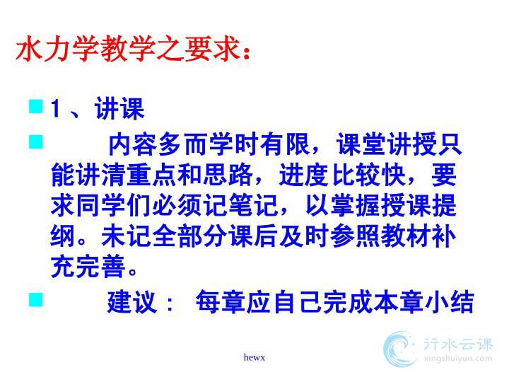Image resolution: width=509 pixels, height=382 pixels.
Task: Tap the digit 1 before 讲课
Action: [x=56, y=108]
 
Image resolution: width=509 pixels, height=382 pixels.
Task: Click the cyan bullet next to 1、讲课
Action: [x=36, y=106]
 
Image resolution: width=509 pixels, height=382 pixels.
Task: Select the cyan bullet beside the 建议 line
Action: [x=36, y=299]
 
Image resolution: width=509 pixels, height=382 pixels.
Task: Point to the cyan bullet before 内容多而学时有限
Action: [x=36, y=142]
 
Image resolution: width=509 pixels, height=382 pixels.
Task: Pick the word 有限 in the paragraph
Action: [x=285, y=144]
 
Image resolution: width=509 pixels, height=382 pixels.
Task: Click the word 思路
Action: [x=228, y=175]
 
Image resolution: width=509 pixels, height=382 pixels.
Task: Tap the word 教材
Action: [x=406, y=236]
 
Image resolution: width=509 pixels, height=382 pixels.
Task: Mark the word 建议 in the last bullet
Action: [x=132, y=302]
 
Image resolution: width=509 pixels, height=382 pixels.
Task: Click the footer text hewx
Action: [x=255, y=358]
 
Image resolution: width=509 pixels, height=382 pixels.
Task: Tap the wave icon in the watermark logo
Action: [x=400, y=349]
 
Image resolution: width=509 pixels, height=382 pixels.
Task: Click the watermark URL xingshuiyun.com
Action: [x=457, y=359]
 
